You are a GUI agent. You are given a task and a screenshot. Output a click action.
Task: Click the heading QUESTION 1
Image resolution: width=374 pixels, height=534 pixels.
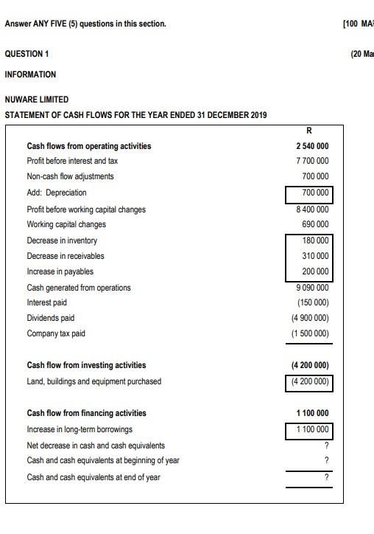(x=27, y=54)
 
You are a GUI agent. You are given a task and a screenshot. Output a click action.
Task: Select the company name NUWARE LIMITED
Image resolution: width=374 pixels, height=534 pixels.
(x=37, y=100)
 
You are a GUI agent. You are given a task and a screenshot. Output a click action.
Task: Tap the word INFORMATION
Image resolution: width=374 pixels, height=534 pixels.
(x=30, y=74)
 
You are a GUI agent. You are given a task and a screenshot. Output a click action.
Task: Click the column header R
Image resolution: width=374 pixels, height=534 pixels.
(x=308, y=131)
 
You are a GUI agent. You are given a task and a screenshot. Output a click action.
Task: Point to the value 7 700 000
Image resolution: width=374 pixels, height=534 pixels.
(x=312, y=161)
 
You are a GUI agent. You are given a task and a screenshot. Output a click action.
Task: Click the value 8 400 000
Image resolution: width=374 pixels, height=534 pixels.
(x=312, y=209)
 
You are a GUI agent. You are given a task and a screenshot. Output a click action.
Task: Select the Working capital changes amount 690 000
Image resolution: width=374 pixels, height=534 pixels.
(x=315, y=224)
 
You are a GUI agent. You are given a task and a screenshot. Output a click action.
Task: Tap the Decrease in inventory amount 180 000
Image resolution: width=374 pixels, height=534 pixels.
(x=315, y=241)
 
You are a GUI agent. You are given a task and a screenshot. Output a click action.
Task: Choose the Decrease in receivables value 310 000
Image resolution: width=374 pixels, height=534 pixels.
(x=315, y=256)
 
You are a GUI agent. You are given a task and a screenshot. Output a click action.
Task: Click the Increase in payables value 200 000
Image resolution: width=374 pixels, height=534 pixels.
(x=315, y=271)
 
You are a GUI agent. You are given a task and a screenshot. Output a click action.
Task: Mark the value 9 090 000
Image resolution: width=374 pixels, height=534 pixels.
(x=312, y=288)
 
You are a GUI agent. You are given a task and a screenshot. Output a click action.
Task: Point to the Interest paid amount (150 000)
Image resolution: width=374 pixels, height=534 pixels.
(x=313, y=302)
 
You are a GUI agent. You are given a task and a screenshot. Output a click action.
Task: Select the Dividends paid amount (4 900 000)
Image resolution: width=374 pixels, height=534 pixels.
(x=310, y=318)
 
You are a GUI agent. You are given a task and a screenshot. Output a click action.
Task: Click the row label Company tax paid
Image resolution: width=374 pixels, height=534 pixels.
(x=56, y=333)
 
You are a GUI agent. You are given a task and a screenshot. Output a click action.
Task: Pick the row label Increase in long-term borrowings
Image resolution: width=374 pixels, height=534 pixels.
(x=80, y=429)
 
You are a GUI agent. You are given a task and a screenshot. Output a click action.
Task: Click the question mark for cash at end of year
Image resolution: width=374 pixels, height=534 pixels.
(x=326, y=477)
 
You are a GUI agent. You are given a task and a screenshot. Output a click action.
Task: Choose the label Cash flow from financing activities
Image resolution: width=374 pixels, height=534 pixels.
(x=86, y=413)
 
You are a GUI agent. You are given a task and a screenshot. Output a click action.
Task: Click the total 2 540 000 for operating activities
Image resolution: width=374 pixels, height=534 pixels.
(x=312, y=146)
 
